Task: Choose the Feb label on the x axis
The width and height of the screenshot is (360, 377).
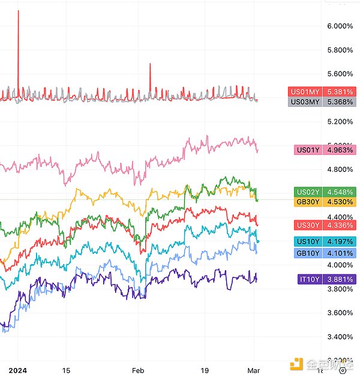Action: [x=139, y=370]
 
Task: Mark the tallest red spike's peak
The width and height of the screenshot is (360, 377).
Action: [x=18, y=11]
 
